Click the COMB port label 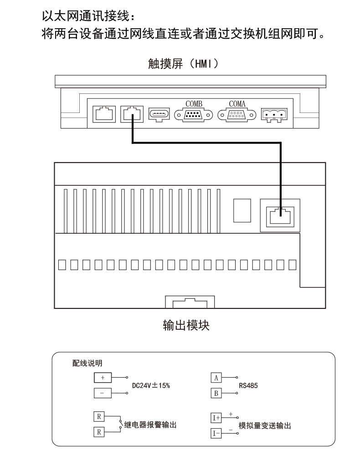point(194,104)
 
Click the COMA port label point(237,104)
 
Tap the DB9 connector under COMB point(194,115)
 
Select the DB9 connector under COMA point(237,115)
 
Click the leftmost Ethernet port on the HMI point(104,114)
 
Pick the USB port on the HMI point(159,115)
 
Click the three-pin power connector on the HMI point(274,115)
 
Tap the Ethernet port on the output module point(280,215)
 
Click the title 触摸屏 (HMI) point(183,64)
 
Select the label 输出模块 point(186,325)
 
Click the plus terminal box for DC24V point(103,378)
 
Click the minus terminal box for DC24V point(103,393)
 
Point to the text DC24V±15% point(151,385)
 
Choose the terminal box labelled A point(216,378)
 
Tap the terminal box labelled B point(216,393)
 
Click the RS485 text point(248,386)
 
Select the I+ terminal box point(216,418)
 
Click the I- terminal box point(216,433)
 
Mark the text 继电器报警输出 point(150,425)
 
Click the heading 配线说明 point(87,363)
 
